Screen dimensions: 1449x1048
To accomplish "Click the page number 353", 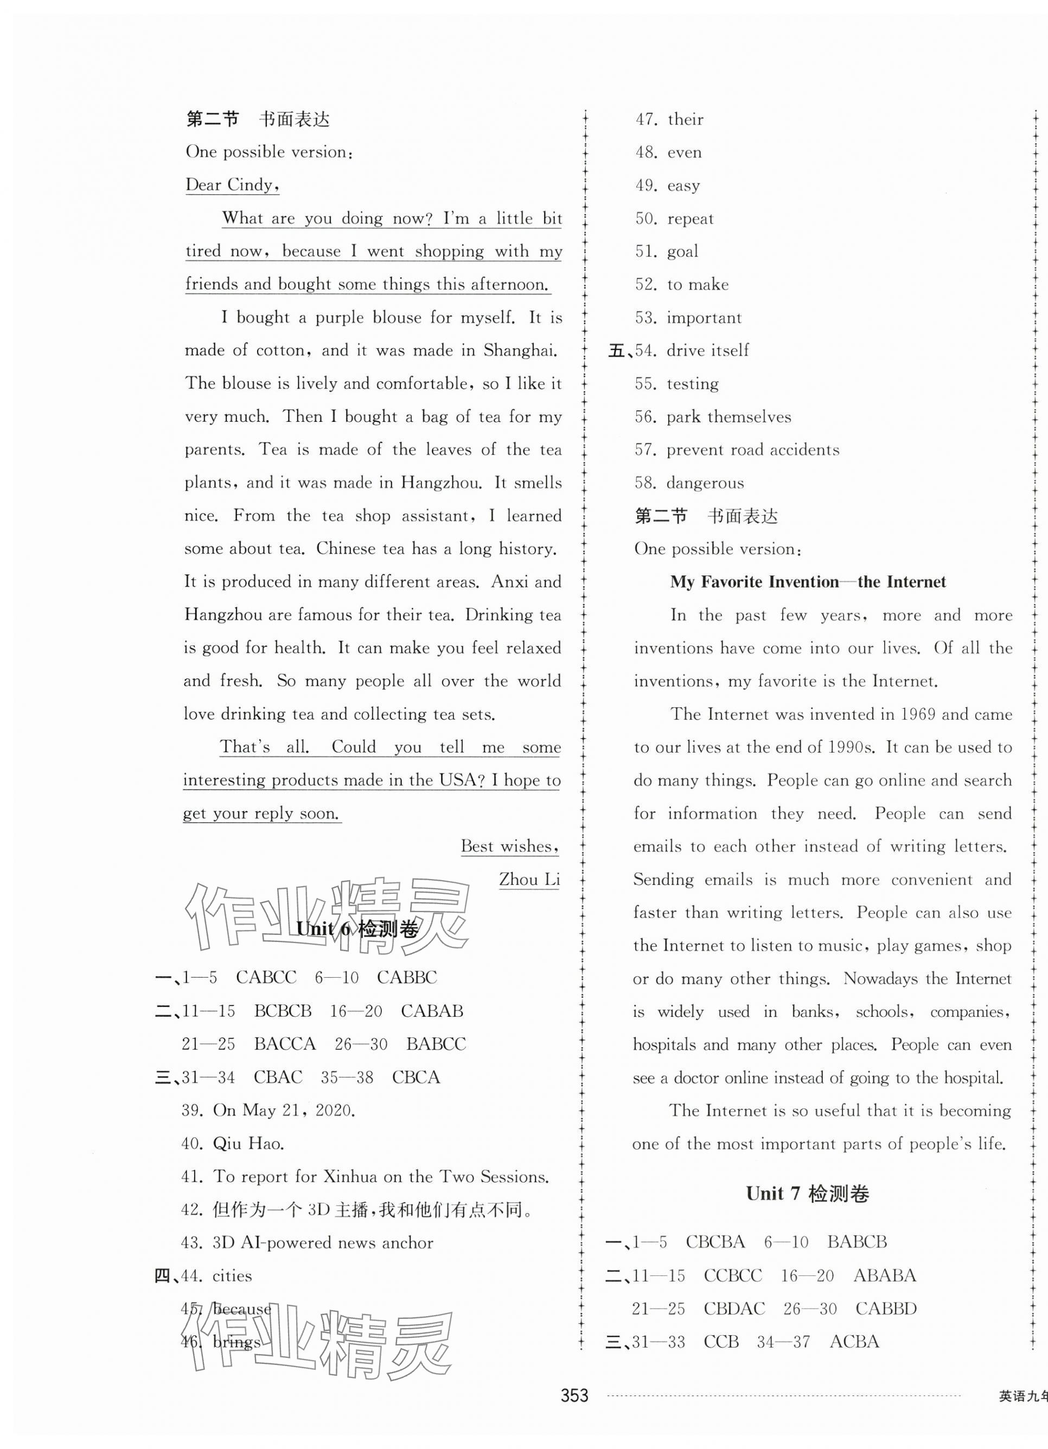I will click(x=574, y=1413).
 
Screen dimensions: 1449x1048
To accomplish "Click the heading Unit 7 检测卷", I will click(x=807, y=1194).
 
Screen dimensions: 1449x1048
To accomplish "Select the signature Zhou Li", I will click(x=529, y=879).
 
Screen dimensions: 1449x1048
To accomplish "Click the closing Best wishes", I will click(x=510, y=846).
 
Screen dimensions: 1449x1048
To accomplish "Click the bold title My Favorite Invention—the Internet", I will click(x=808, y=581).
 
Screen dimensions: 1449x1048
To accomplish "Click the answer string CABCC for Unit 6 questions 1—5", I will click(x=266, y=978).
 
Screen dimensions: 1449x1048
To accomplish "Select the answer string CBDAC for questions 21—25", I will click(x=733, y=1309).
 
